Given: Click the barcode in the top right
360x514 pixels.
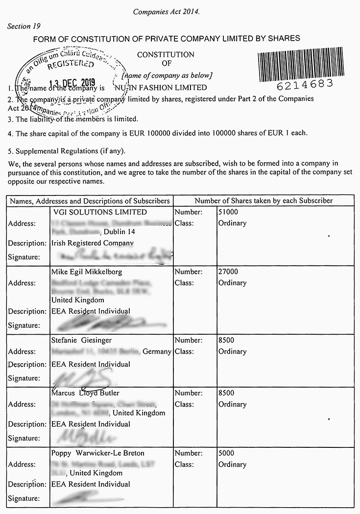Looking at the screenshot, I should tap(307, 63).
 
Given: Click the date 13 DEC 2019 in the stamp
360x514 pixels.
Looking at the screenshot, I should tap(73, 83).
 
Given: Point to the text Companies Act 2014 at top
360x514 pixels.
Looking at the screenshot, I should tap(167, 12).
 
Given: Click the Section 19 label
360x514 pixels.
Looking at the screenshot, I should tap(24, 26).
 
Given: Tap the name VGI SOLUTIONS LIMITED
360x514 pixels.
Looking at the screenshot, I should tap(99, 212).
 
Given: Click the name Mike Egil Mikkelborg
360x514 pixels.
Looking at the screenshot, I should tap(87, 272).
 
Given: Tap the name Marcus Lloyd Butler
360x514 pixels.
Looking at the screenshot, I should tap(85, 393).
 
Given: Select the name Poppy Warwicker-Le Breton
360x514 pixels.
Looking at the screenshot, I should tap(97, 453).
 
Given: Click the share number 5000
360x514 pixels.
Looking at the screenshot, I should tap(226, 453).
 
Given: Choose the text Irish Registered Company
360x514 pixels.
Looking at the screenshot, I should tap(92, 243).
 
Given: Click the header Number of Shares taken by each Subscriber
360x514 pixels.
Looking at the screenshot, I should tap(264, 201).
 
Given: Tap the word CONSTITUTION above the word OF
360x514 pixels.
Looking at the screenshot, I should tap(166, 55).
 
